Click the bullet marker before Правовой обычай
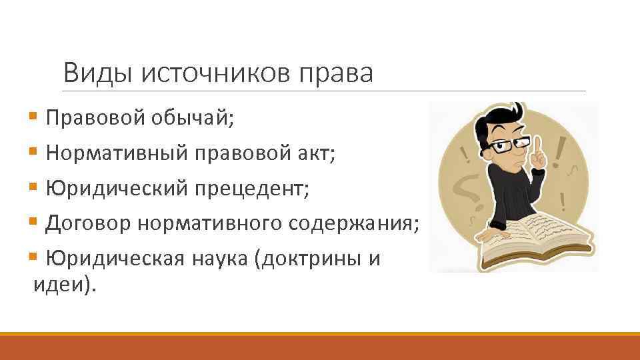[34, 119]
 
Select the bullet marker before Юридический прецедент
[34, 189]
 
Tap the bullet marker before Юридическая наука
[34, 258]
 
